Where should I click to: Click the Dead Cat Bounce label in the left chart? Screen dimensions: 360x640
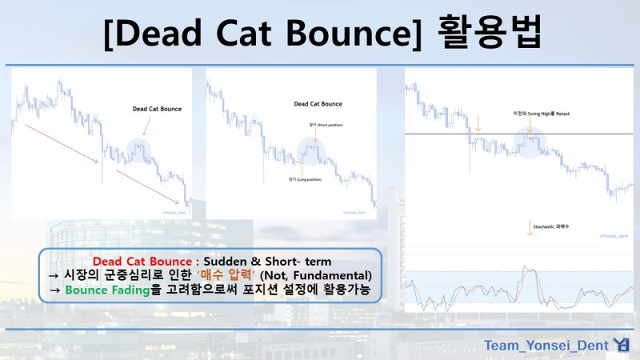(x=157, y=108)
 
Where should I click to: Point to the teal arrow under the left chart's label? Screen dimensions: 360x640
(x=145, y=126)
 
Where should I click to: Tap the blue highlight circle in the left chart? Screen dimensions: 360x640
(x=139, y=149)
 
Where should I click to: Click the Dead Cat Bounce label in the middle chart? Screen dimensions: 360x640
(x=318, y=104)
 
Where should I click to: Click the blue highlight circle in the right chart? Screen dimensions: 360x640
(x=529, y=142)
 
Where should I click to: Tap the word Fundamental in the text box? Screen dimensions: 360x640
(x=336, y=276)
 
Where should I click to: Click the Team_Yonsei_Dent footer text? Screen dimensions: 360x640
(x=546, y=346)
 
